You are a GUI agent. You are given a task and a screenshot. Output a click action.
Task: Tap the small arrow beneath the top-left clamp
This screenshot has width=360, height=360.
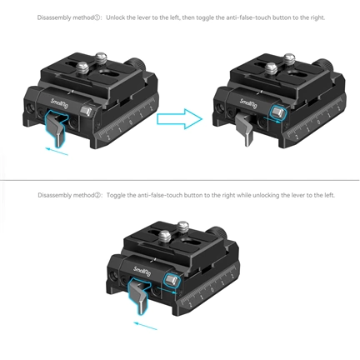pos(55,151)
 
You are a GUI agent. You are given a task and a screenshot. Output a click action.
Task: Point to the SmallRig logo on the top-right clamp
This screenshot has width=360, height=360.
pos(247,104)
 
